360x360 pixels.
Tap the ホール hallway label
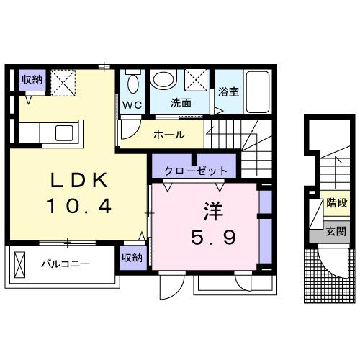click(170, 134)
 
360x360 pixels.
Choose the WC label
click(132, 104)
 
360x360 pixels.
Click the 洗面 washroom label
click(181, 103)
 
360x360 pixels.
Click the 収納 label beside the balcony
click(131, 257)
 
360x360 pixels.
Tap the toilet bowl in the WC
click(132, 84)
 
